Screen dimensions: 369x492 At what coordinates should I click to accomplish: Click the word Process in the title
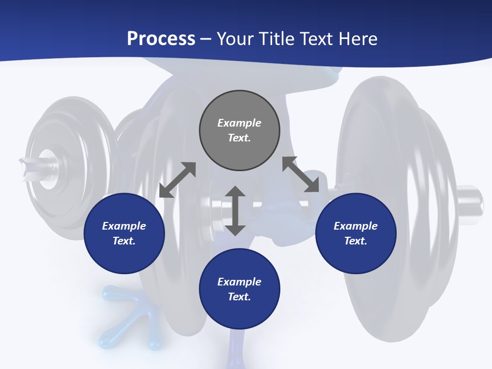[x=161, y=39]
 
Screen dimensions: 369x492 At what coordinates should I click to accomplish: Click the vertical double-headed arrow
[x=235, y=211]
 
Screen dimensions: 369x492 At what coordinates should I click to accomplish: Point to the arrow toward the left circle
[x=177, y=180]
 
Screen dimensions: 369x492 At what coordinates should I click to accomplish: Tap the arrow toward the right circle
[x=301, y=174]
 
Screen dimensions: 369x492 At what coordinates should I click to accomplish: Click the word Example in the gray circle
[x=239, y=123]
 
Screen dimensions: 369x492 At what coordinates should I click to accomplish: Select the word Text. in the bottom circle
[x=239, y=297]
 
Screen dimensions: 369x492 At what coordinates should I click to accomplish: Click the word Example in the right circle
[x=356, y=226]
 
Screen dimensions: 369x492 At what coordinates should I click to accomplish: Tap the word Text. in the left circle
[x=124, y=241]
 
